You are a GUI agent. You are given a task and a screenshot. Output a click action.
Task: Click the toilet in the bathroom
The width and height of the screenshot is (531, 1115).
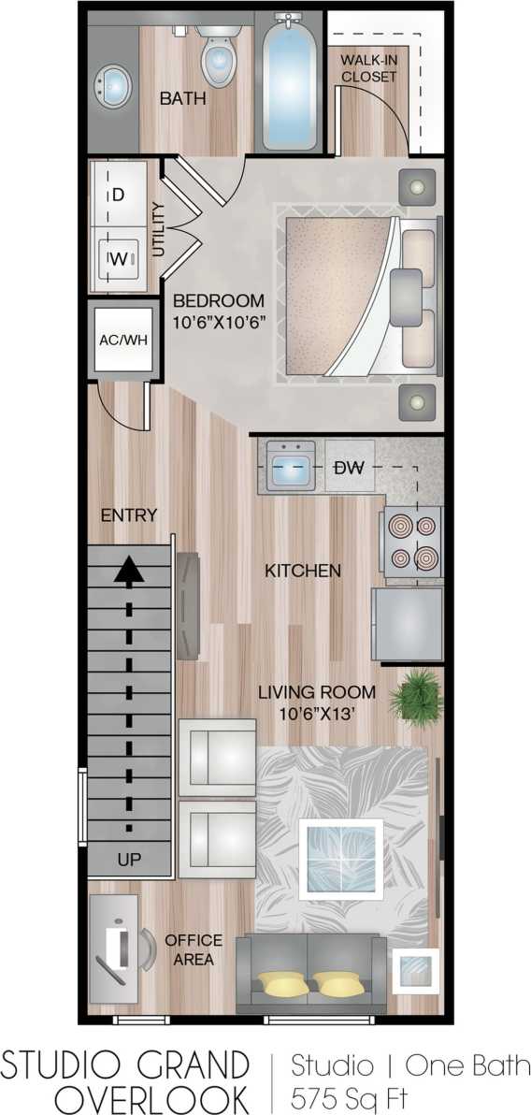click(217, 58)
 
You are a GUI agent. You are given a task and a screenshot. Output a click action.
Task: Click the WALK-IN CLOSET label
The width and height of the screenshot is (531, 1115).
click(367, 68)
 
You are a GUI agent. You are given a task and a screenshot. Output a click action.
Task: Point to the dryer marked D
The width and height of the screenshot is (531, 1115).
click(118, 195)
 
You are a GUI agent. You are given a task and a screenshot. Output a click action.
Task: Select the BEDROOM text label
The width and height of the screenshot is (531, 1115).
click(219, 301)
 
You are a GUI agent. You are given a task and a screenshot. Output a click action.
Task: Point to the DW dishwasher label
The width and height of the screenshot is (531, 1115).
click(349, 468)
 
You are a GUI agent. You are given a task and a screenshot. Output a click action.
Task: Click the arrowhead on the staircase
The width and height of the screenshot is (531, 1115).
click(129, 570)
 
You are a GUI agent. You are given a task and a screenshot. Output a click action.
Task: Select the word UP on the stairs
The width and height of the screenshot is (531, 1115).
click(130, 859)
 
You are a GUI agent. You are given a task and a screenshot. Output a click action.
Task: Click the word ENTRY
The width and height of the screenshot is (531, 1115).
click(129, 515)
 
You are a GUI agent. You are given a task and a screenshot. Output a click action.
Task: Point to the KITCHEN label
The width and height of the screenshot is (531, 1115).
click(302, 570)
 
